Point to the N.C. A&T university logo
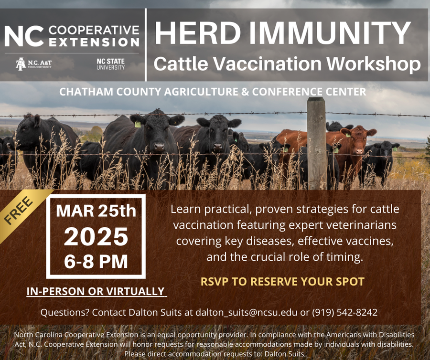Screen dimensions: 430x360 [x=33, y=64]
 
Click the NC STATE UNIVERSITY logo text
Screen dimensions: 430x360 [x=110, y=64]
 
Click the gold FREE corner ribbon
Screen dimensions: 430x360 [x=19, y=210]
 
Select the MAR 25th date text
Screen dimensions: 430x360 [x=96, y=211]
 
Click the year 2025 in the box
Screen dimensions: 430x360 [x=96, y=236]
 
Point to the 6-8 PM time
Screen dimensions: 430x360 [x=96, y=262]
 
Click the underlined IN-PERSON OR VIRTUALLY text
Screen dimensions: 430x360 [x=96, y=291]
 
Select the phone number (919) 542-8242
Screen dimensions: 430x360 [x=344, y=313]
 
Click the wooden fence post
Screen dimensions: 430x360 [x=316, y=143]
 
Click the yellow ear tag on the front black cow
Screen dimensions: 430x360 [x=138, y=125]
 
